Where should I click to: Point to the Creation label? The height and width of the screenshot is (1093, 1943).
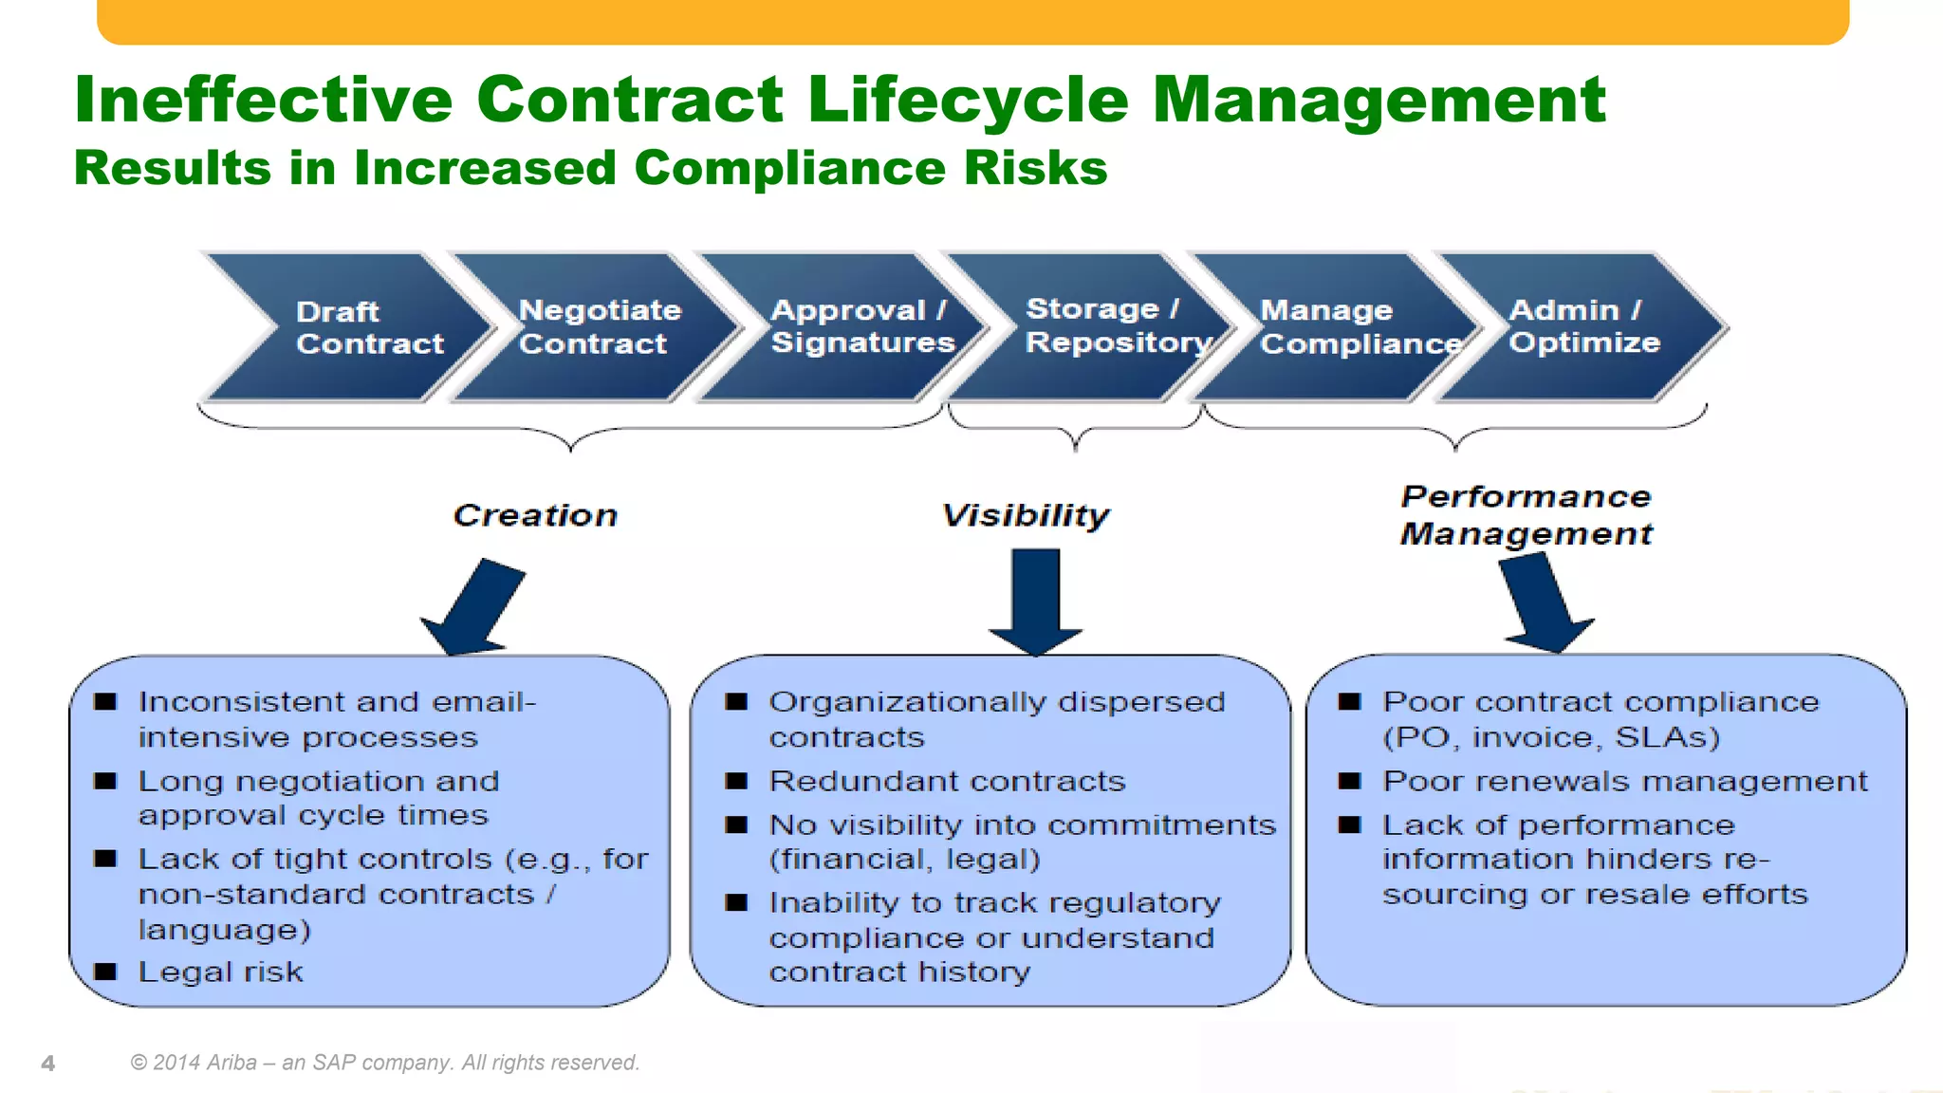click(535, 515)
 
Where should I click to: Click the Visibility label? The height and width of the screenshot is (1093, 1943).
click(1026, 515)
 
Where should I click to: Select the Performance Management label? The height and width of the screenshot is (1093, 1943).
click(1527, 515)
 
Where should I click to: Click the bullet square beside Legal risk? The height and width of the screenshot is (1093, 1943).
click(105, 972)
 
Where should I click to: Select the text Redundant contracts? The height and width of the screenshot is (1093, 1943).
click(947, 781)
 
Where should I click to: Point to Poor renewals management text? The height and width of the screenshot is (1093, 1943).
click(1624, 781)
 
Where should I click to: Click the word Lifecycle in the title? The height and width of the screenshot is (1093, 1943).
click(968, 100)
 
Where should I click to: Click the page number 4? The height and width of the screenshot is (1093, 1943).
click(48, 1064)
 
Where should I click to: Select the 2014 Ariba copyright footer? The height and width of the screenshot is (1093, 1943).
click(385, 1063)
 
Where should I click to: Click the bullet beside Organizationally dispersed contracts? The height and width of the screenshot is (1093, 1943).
click(737, 702)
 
